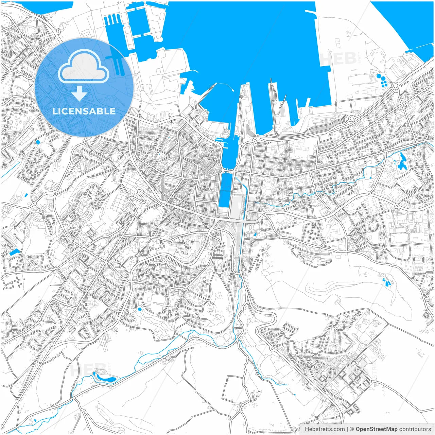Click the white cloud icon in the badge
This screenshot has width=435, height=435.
[x=84, y=66]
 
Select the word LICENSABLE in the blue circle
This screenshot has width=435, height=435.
[x=84, y=111]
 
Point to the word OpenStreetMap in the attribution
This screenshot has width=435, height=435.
[x=376, y=429]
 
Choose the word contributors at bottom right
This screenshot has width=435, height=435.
[x=415, y=429]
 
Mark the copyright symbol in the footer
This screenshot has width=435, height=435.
[x=352, y=429]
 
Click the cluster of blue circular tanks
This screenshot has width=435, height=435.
[x=383, y=81]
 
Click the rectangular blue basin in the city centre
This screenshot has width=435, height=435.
[x=225, y=190]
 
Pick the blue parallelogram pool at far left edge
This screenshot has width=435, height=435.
[x=15, y=252]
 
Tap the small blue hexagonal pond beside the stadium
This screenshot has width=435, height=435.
[x=140, y=309]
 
